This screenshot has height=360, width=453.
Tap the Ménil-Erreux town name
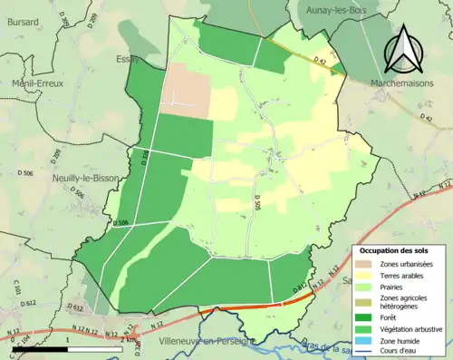point(31,82)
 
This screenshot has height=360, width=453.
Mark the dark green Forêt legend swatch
point(369,316)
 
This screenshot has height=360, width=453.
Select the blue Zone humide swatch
point(369,340)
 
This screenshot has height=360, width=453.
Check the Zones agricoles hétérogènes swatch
point(369,301)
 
